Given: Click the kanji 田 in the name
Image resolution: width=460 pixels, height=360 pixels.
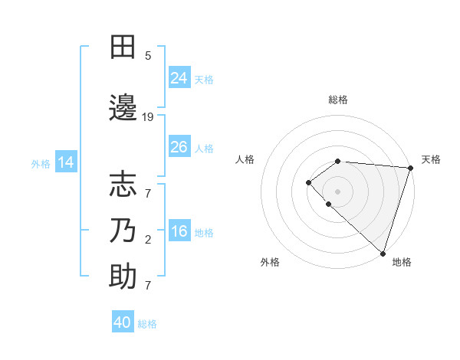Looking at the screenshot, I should tap(123, 47).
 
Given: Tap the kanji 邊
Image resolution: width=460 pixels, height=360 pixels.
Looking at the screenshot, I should tap(123, 108).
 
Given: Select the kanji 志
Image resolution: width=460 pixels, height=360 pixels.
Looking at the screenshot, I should tap(123, 185).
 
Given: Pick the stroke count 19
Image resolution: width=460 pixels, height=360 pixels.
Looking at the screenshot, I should tap(148, 117).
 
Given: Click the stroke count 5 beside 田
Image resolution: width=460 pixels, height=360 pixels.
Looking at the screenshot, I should tap(148, 56).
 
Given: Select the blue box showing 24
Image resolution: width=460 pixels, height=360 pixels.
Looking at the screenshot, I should tap(179, 78).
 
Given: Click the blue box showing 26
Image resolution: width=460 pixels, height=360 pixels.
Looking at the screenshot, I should tap(179, 147).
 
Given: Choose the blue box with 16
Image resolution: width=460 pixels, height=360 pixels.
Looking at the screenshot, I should tap(179, 231).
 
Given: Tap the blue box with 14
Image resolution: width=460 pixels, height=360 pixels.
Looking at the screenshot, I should tap(66, 162).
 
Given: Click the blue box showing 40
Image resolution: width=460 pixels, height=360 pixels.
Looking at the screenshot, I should tap(123, 322).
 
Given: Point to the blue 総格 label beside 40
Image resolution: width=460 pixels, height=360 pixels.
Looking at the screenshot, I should tap(147, 324).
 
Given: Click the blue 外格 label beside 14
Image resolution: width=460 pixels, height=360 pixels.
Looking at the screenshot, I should tap(40, 163).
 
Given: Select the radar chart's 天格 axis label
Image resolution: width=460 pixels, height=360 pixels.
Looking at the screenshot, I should tap(431, 159).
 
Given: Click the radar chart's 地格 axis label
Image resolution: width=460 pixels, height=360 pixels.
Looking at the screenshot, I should tap(402, 262).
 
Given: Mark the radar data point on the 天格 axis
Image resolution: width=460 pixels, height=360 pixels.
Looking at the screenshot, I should tap(410, 168).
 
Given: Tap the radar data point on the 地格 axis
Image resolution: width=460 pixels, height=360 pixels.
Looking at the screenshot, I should tap(383, 253).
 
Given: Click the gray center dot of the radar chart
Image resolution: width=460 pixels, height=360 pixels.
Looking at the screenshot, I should tap(338, 191).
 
